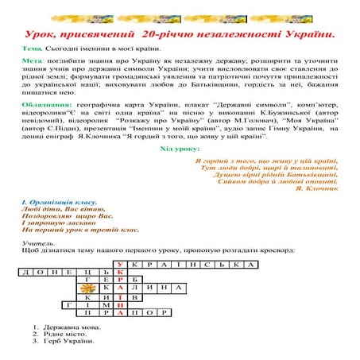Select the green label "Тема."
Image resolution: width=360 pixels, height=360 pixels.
click(x=34, y=49)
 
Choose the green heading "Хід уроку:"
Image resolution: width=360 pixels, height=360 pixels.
click(x=180, y=149)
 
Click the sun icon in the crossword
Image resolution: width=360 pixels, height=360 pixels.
click(x=100, y=287)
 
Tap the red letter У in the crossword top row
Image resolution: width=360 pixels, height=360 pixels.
click(x=119, y=265)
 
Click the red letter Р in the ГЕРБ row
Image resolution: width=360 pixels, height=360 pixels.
click(x=119, y=280)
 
